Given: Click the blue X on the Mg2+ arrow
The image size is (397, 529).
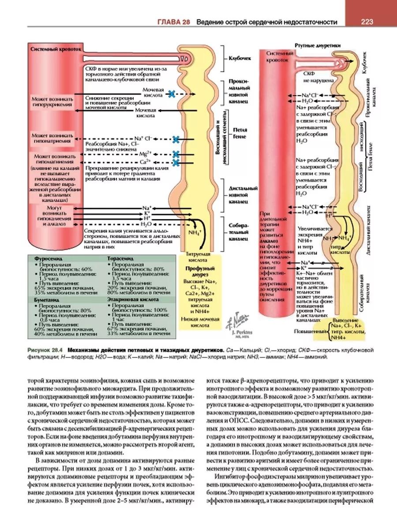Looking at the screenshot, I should [x=176, y=154].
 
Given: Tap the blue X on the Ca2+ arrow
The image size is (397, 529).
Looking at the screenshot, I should [x=176, y=163].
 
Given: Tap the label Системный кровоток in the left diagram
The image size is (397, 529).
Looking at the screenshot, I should [x=56, y=49].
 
